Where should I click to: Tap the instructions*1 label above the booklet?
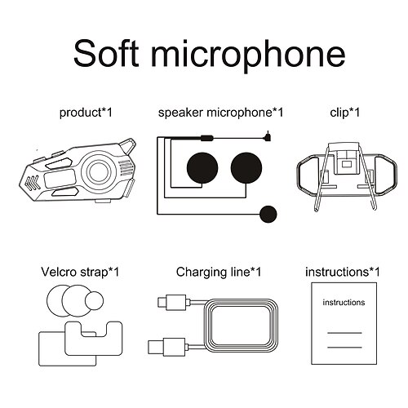(343, 271)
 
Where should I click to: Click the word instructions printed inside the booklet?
(344, 302)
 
